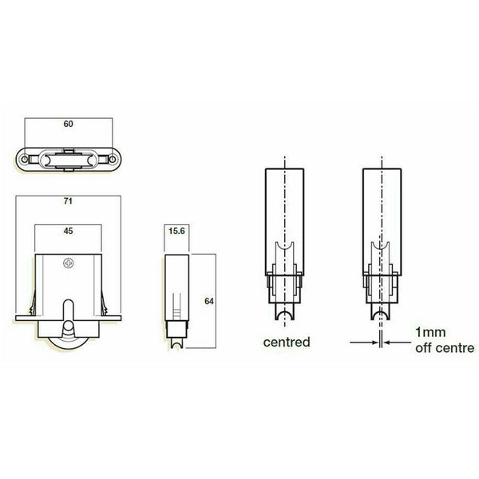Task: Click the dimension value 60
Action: (x=68, y=124)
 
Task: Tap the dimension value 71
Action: (x=68, y=201)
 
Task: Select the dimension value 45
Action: (x=68, y=231)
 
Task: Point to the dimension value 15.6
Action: (x=176, y=231)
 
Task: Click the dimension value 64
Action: (x=209, y=301)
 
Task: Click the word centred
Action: (x=287, y=342)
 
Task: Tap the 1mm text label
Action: (x=430, y=332)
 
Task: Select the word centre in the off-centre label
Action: (x=456, y=348)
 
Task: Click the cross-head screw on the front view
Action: (x=69, y=263)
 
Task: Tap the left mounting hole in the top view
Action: (x=25, y=159)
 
